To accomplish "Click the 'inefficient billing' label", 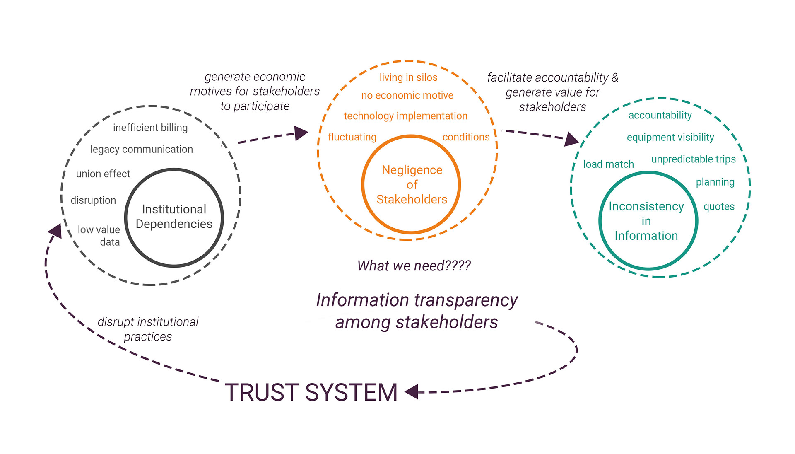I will click(150, 128).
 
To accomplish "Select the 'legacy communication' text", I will click(142, 150).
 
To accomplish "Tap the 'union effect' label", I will click(103, 174).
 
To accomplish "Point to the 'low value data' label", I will click(99, 236).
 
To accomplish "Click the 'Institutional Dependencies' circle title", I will click(174, 217).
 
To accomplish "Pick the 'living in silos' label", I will click(408, 77).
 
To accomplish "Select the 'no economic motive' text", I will click(407, 96).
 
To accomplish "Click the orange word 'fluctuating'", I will click(352, 137).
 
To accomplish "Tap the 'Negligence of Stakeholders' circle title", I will click(412, 185).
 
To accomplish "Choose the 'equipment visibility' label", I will click(670, 138).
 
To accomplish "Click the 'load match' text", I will click(608, 164).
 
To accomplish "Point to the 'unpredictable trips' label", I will click(693, 159).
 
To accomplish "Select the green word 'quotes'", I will click(719, 207).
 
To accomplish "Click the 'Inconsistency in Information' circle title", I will click(646, 221).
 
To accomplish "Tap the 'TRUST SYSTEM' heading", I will click(311, 392).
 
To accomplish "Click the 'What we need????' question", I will click(414, 266).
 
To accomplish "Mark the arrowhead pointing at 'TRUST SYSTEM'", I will click(412, 391).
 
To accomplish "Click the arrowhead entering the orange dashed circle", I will click(301, 133).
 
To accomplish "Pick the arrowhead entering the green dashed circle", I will click(571, 139).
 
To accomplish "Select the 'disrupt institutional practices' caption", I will click(148, 329).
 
